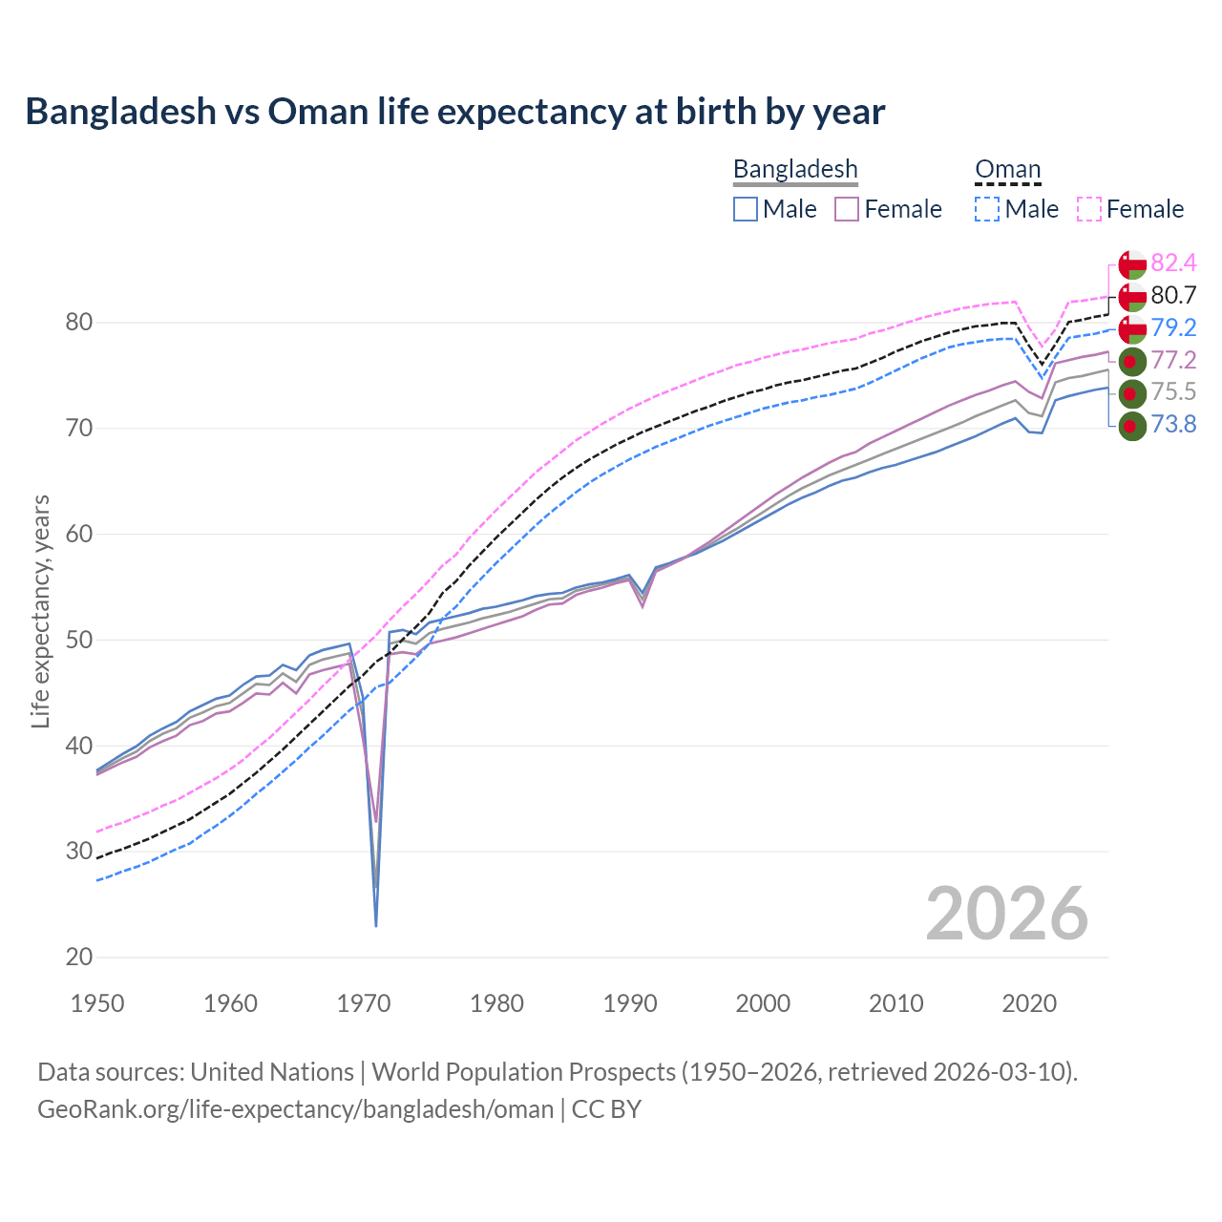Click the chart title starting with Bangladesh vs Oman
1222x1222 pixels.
pos(455,112)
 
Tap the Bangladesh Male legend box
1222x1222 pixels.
pos(746,209)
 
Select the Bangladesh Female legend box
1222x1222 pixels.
pos(848,209)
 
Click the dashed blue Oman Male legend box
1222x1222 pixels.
pos(987,209)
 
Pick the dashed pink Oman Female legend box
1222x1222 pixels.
pos(1089,209)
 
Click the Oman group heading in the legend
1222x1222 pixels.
pos(1007,170)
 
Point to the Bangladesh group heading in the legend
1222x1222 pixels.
pos(795,170)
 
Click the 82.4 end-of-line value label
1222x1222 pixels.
pos(1173,263)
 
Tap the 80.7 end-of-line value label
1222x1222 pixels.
pos(1173,295)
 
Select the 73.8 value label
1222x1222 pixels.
pos(1173,424)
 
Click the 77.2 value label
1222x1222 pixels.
pos(1173,360)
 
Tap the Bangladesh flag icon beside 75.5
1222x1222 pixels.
pos(1132,392)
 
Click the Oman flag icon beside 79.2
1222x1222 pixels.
pos(1132,328)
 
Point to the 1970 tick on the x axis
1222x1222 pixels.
pos(364,1003)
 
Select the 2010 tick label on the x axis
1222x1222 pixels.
pos(895,1003)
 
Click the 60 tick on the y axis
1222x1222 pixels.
pos(79,534)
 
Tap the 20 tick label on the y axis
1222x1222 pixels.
pos(79,957)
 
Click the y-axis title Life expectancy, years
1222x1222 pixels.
pos(41,611)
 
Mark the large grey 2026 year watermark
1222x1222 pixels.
pos(1007,914)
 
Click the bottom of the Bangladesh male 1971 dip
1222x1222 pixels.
pos(376,925)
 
